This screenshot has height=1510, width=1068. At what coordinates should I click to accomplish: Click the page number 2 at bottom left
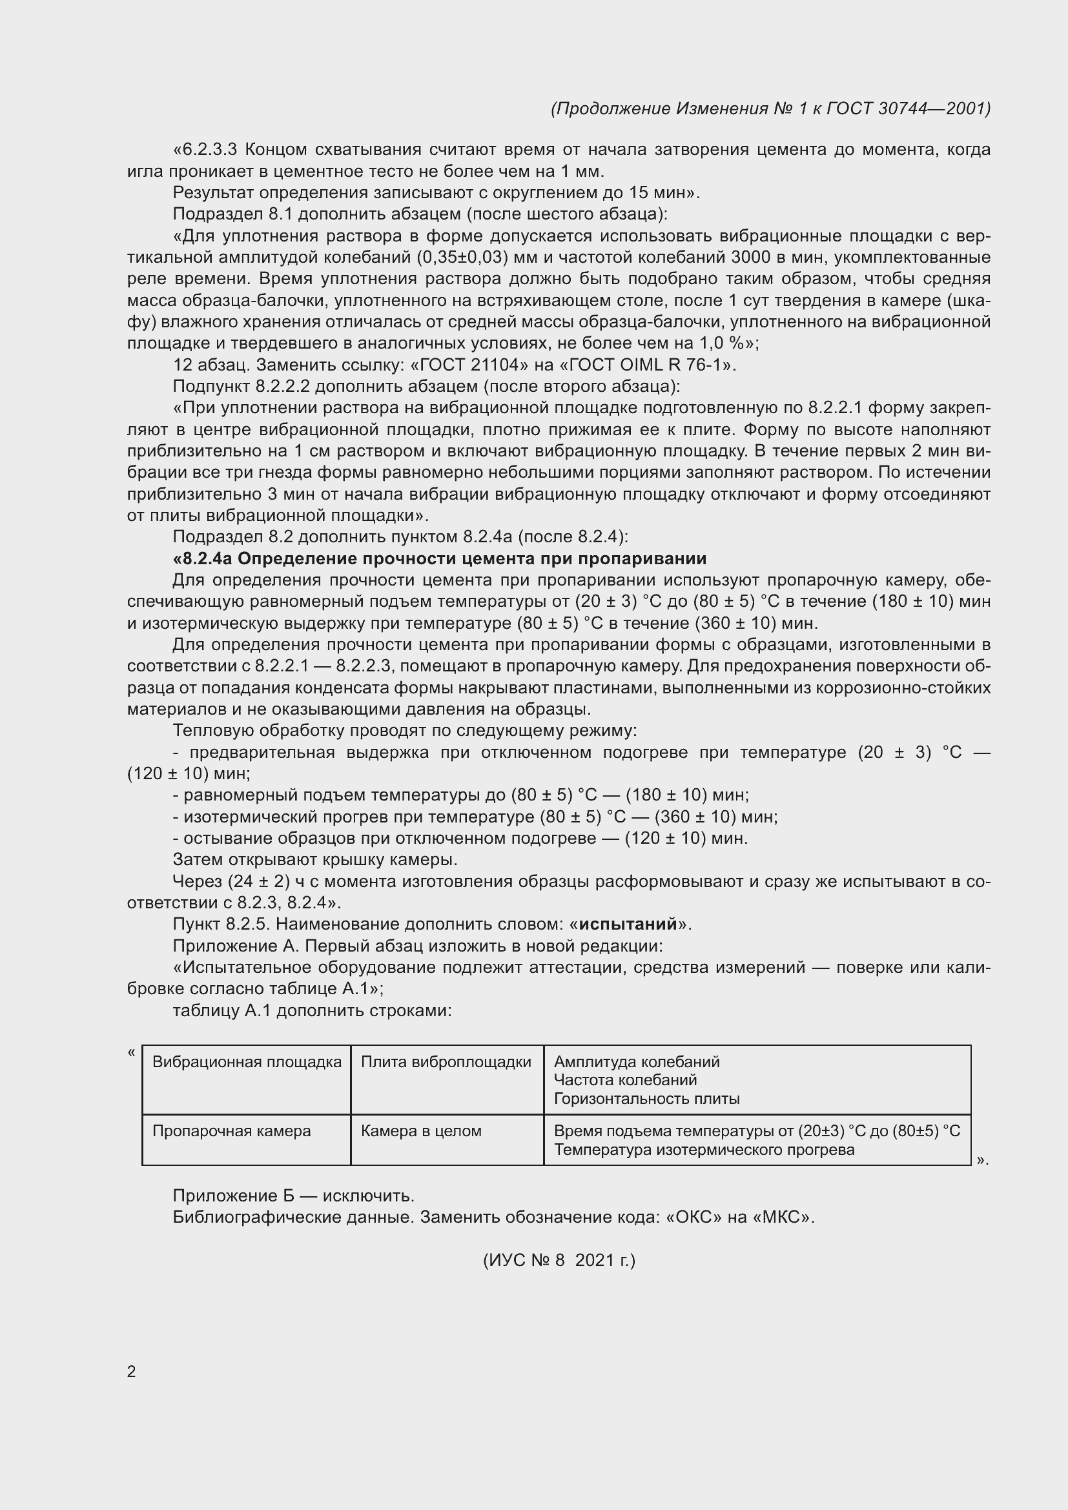click(131, 1371)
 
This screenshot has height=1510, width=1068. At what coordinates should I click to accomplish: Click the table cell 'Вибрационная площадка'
click(247, 1061)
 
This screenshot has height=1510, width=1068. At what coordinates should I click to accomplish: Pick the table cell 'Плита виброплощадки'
click(446, 1061)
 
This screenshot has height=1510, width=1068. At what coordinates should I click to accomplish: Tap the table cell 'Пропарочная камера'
click(232, 1130)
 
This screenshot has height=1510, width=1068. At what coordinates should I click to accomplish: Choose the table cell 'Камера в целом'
click(421, 1130)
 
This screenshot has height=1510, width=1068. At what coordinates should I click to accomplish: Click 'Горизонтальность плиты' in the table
click(646, 1098)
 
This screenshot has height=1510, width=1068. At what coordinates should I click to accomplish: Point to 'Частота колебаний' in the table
click(625, 1080)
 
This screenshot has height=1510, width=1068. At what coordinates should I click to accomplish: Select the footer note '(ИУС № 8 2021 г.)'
click(559, 1260)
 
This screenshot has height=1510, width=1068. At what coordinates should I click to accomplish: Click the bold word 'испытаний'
click(628, 924)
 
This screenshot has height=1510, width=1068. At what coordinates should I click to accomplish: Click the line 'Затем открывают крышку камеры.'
click(315, 859)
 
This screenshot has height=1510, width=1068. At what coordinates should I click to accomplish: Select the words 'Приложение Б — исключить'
click(293, 1196)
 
